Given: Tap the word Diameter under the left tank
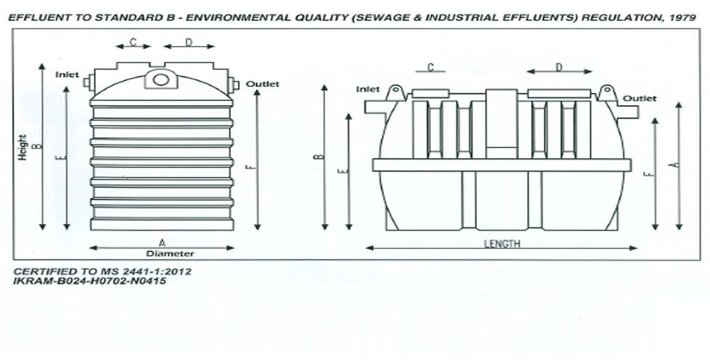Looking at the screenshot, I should point(170,253).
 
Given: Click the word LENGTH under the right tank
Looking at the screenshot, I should point(502,244).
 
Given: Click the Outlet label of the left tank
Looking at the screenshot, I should point(263,84).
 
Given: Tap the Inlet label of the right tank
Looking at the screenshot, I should point(368,89).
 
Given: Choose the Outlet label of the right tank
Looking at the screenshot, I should point(640,98).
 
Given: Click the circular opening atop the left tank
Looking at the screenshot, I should point(161,79).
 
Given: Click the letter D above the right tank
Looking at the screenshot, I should point(559,67).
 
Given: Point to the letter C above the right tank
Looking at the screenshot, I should point(430,67).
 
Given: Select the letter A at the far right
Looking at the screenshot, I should point(677,164).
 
